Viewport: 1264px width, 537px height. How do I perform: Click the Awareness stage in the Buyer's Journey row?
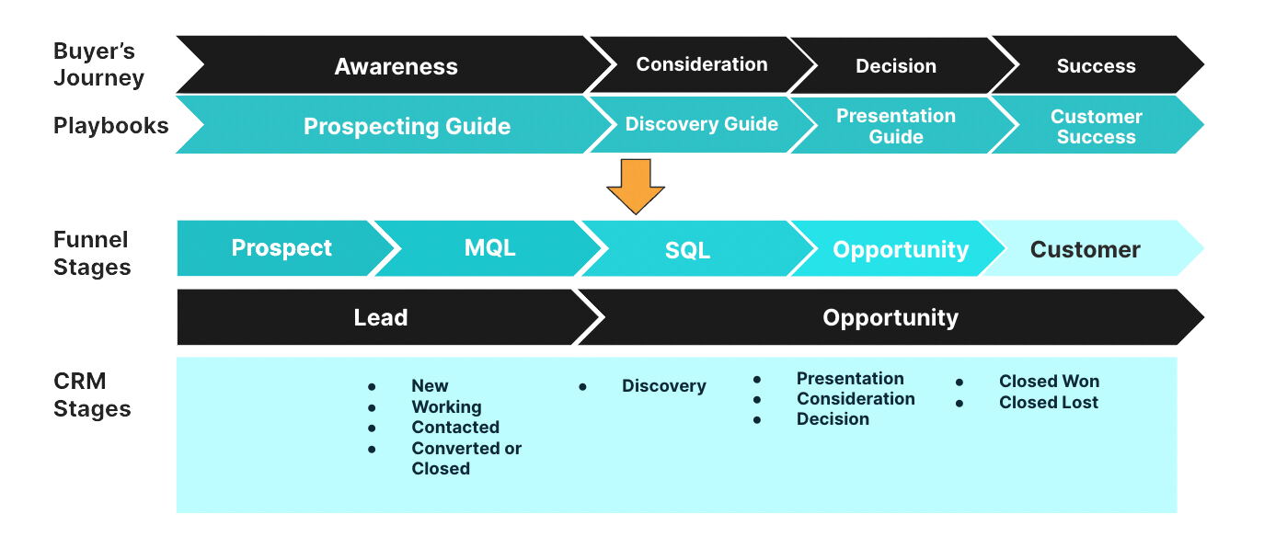[396, 66]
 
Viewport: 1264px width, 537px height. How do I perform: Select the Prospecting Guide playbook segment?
[407, 126]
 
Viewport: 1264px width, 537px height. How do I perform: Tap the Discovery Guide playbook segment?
[701, 124]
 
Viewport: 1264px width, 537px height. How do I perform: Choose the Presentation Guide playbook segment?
[895, 126]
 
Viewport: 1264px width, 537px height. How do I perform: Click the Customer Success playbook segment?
[1096, 127]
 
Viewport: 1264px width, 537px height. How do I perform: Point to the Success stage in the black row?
[1096, 66]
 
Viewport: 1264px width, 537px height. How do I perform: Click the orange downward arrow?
[636, 185]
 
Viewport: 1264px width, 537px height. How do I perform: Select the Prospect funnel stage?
[282, 248]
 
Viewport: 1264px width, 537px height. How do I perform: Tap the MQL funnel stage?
[489, 248]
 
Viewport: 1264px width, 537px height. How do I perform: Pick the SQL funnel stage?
[687, 250]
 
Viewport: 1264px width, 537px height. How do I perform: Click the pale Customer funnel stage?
[1085, 249]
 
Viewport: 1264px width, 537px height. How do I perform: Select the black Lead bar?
[381, 318]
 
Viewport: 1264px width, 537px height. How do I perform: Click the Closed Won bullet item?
[1049, 382]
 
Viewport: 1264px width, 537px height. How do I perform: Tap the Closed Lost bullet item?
[1048, 402]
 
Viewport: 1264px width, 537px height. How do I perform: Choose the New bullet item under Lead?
[430, 386]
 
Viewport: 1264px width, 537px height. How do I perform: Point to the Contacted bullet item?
[455, 428]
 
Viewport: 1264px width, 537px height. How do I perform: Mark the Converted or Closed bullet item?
[465, 458]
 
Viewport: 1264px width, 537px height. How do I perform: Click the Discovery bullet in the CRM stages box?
[663, 386]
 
